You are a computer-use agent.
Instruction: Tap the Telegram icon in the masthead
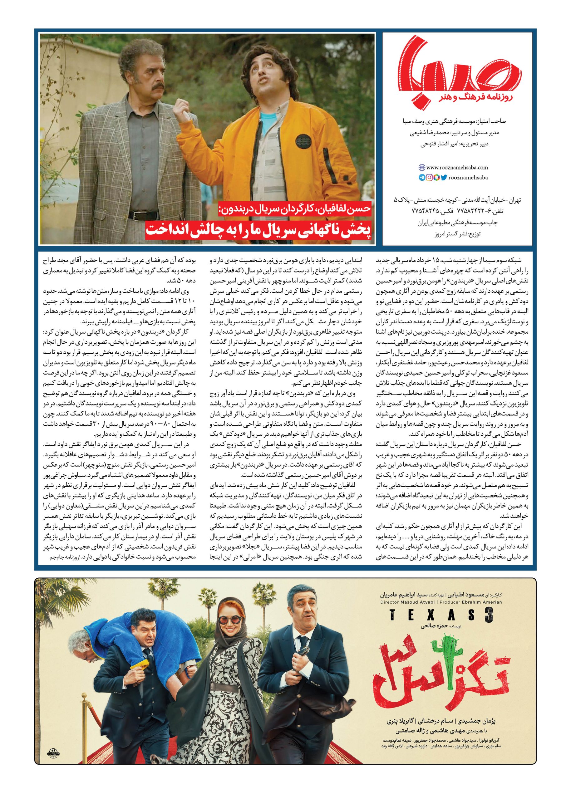coord(421,178)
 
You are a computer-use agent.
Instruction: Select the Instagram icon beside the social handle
coord(429,178)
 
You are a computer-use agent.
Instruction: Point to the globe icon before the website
coord(421,168)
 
